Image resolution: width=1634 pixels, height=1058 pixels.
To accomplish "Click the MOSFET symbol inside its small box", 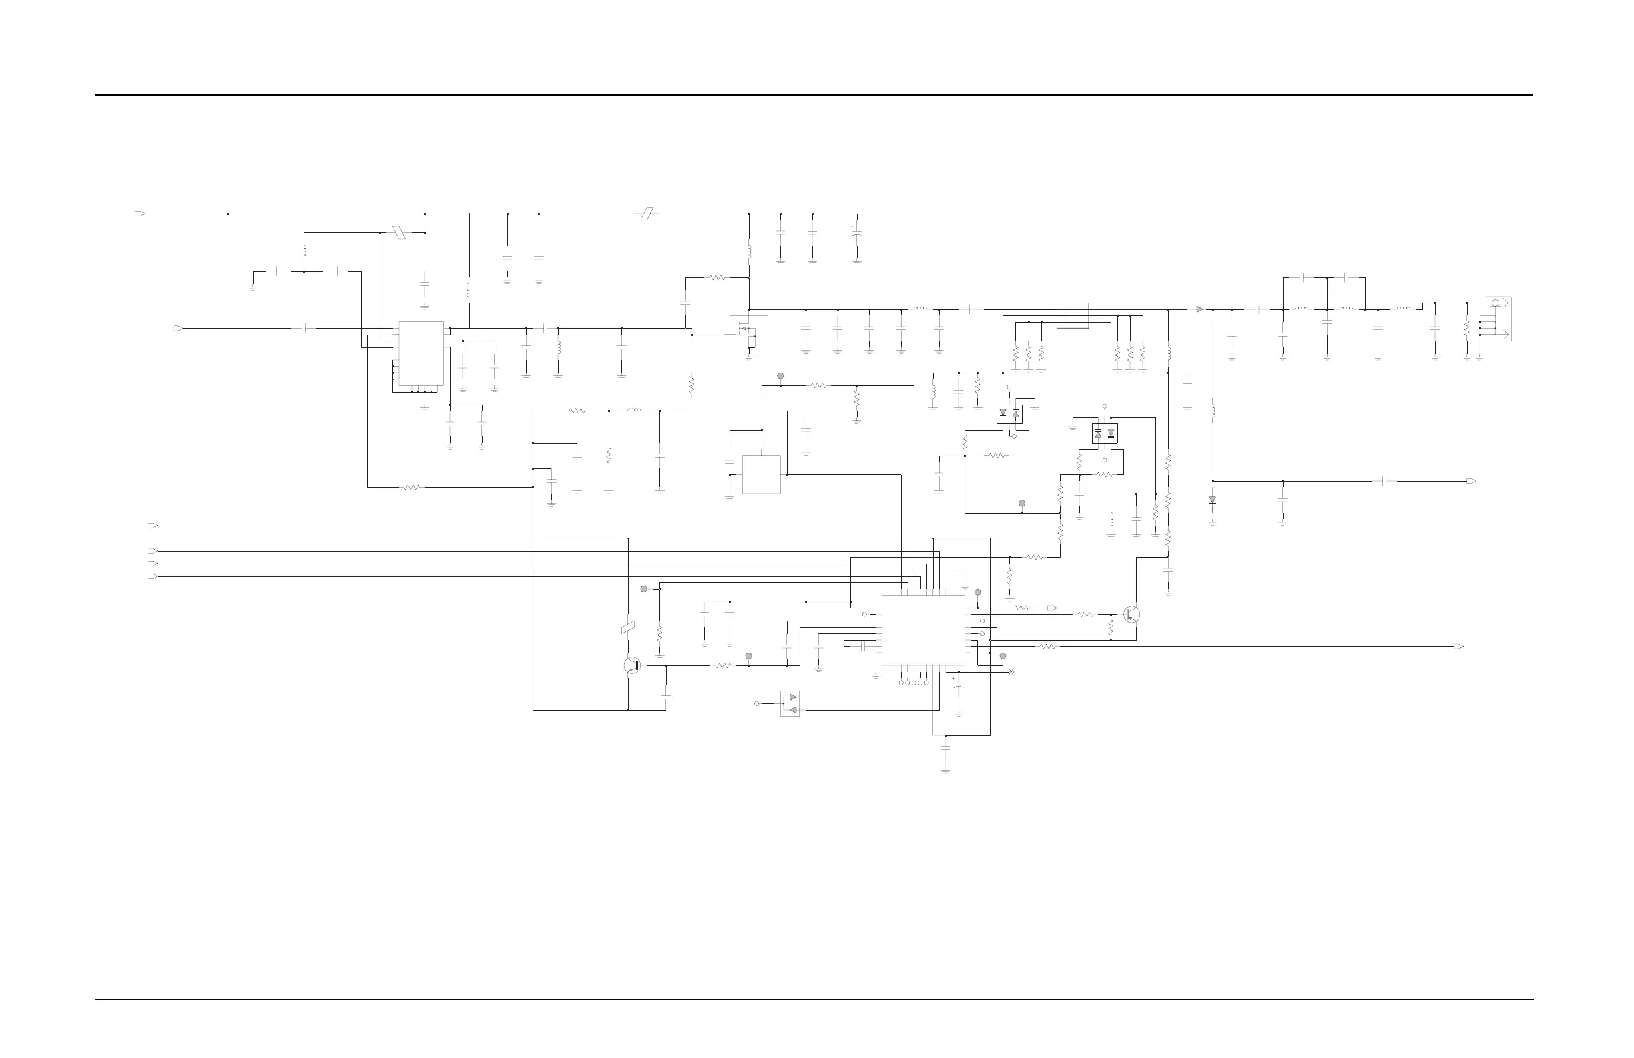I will [748, 329].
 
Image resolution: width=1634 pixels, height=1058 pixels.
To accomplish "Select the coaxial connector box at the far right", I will [1498, 319].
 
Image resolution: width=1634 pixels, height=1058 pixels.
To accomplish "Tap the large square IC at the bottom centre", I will [922, 630].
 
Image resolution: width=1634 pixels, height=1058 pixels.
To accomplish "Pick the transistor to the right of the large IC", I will [1131, 615].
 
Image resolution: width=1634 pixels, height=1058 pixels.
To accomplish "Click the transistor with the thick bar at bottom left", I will [632, 665].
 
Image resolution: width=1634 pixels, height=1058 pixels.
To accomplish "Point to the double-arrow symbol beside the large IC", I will [1011, 672].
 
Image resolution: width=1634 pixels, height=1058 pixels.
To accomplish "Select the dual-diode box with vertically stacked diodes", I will [790, 703].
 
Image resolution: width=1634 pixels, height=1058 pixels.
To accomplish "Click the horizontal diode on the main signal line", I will [1199, 309].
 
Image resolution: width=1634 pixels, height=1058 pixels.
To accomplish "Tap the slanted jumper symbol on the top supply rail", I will [646, 214].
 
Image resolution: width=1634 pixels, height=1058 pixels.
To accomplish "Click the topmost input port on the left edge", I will [140, 214].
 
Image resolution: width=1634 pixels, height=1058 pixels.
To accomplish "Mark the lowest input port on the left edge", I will [152, 576].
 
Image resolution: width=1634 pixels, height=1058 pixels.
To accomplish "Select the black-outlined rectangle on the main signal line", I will [1073, 315].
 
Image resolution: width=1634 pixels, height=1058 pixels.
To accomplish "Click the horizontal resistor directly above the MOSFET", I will [717, 278].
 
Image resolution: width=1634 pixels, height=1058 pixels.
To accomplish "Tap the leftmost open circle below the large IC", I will [900, 683].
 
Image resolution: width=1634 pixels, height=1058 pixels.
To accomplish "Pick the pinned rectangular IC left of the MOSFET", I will [421, 354].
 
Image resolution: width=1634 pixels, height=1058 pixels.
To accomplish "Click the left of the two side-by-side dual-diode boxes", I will [1009, 414].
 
